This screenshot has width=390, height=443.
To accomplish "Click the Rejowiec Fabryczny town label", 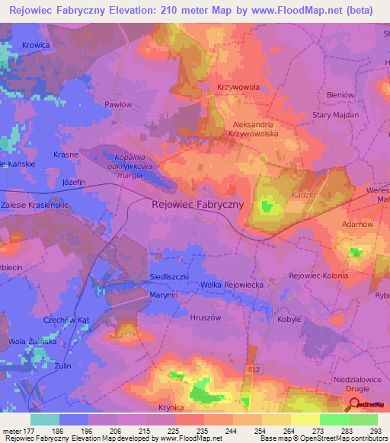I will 197,204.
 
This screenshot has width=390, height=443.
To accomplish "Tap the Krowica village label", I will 36,46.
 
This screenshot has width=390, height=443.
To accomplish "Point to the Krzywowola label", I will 238,87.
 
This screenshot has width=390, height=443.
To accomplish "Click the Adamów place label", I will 357,225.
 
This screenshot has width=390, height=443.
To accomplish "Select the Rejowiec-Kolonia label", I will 318,276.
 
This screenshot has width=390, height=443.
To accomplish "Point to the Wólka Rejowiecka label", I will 232,285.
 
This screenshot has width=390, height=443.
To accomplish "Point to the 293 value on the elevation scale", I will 376,430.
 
